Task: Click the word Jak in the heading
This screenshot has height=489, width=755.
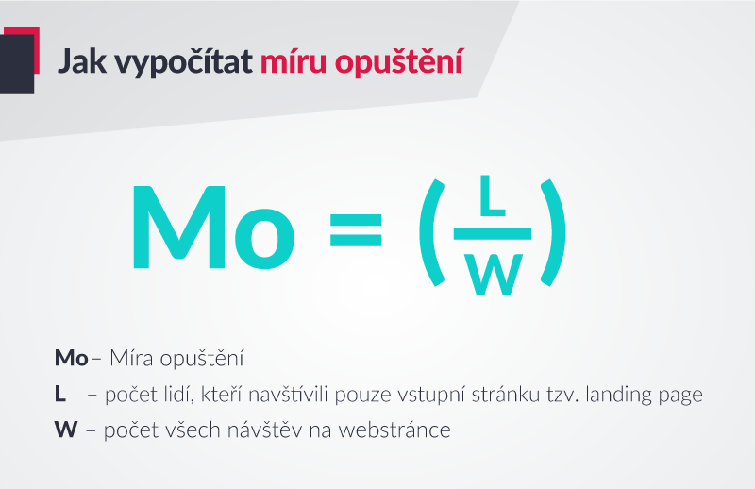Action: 82,61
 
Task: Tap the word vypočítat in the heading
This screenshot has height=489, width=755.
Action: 183,62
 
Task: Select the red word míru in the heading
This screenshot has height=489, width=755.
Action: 294,60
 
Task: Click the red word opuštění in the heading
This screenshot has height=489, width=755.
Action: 398,62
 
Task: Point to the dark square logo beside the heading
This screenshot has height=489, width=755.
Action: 17,64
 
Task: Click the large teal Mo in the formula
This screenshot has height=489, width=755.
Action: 213,227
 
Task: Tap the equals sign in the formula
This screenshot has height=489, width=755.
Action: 356,229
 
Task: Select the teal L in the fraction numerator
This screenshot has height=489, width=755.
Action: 493,195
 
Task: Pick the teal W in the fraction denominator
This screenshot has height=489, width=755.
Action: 494,275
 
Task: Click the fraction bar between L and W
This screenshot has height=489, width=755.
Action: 492,234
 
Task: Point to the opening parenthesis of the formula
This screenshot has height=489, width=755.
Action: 431,232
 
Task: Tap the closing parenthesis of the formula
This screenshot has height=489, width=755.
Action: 553,232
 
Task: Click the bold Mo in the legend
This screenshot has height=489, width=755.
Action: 72,358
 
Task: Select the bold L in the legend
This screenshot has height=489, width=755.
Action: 59,394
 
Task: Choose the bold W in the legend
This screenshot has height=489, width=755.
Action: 66,430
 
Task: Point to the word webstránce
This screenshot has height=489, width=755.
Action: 394,430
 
